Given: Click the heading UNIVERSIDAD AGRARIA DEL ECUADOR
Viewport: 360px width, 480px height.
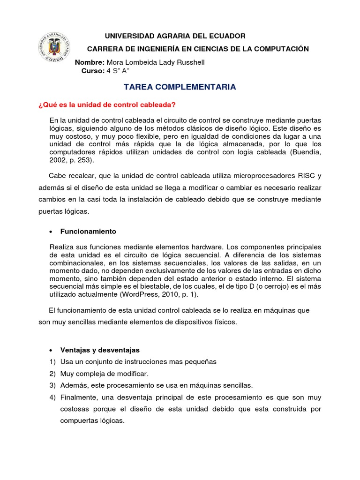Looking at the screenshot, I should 174,36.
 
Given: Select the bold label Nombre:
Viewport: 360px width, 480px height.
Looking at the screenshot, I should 90,62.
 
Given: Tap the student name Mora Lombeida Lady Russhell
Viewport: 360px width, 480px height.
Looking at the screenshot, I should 156,62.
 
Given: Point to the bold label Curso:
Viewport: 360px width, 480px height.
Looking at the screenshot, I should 93,71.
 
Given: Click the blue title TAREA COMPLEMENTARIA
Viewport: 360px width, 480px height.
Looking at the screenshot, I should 180,87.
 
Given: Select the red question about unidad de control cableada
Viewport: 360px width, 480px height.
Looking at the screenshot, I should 106,104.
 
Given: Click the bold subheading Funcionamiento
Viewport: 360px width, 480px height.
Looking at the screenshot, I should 88,232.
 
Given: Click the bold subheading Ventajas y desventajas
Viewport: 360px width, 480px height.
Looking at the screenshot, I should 100,350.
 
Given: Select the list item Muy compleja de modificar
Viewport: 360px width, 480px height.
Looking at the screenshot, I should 104,374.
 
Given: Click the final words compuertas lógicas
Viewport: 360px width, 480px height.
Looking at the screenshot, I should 92,420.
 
